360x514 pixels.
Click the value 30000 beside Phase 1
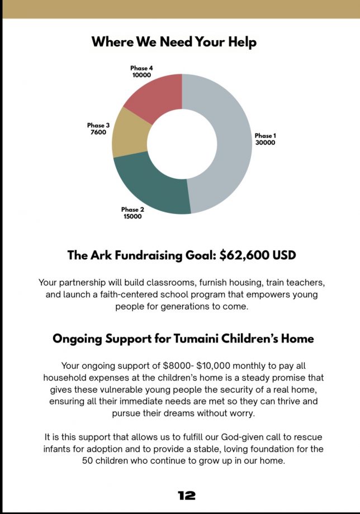click(265, 142)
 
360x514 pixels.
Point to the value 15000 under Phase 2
click(132, 217)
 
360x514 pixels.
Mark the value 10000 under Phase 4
click(141, 75)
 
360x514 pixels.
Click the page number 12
click(187, 495)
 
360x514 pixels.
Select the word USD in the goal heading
click(283, 255)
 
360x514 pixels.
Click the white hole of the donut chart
click(182, 143)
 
